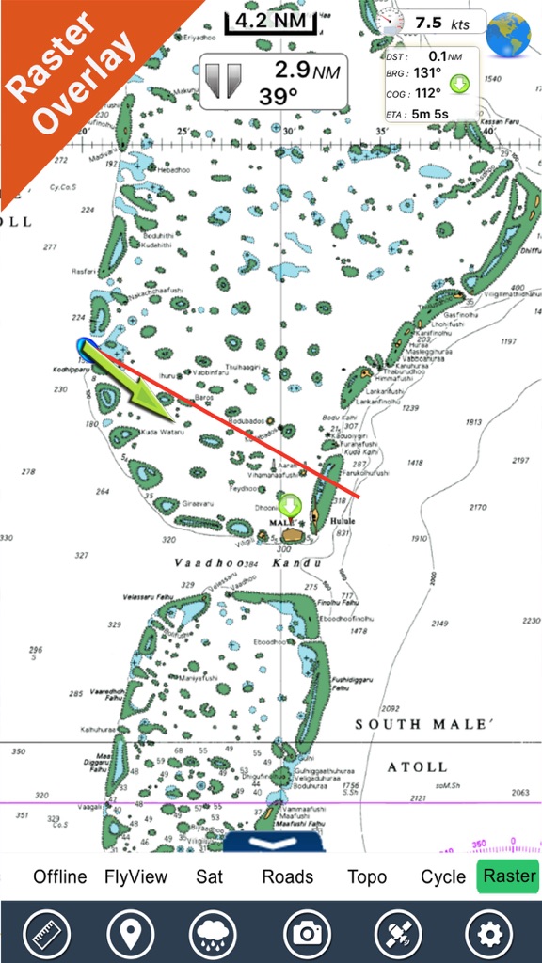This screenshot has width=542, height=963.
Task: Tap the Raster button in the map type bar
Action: click(509, 876)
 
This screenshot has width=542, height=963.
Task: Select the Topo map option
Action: click(367, 876)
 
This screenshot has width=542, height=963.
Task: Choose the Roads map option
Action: click(288, 876)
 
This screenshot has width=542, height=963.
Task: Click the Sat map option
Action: click(209, 876)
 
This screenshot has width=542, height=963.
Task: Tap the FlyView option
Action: click(135, 876)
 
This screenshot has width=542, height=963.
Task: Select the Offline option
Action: click(60, 876)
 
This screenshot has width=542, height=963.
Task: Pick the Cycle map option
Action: click(442, 876)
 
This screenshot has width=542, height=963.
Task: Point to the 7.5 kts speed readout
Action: click(442, 23)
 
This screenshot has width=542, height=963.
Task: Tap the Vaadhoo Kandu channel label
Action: click(247, 563)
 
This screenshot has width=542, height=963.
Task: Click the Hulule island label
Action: click(343, 519)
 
